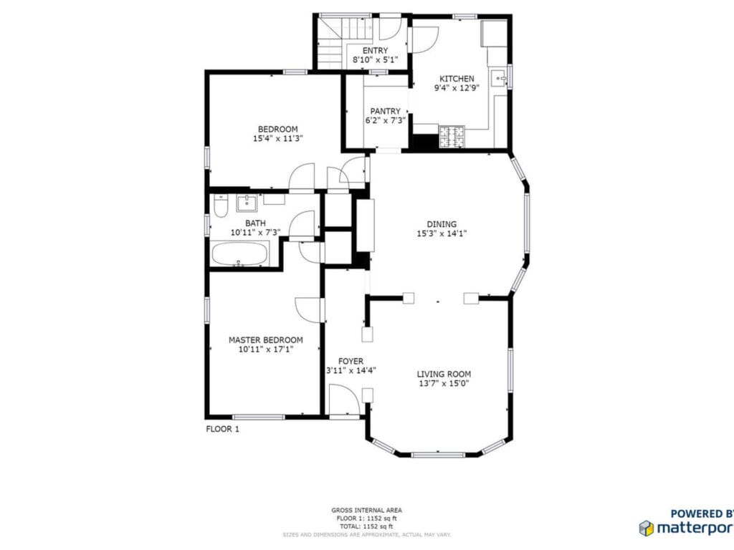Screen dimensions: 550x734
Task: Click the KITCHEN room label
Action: [457, 79]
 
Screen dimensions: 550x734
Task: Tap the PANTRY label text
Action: [385, 111]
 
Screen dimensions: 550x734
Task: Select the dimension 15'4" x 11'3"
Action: [278, 139]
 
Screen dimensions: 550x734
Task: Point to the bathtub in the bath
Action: [240, 254]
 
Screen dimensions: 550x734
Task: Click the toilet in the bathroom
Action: [221, 206]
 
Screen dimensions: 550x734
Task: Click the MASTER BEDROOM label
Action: [265, 340]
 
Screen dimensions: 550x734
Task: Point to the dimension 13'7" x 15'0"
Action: [444, 383]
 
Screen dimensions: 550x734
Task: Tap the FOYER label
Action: [351, 361]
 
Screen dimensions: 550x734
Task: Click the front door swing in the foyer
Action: [342, 398]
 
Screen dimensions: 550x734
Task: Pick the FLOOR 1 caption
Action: [222, 429]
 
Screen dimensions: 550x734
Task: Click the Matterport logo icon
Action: [646, 528]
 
